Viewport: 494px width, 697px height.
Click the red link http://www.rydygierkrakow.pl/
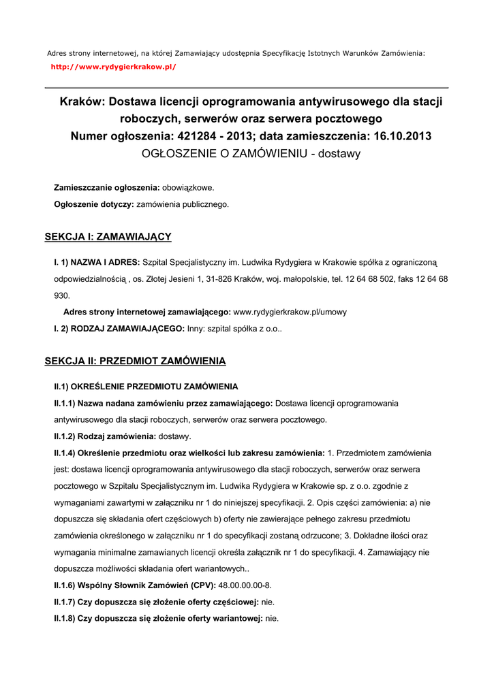pyautogui.click(x=114, y=67)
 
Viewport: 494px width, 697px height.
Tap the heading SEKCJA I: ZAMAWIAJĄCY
pyautogui.click(x=108, y=237)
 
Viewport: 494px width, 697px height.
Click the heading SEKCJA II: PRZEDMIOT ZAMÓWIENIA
pyautogui.click(x=135, y=361)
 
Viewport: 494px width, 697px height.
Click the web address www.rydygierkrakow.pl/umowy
pyautogui.click(x=290, y=312)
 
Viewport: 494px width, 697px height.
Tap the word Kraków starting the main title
pyautogui.click(x=80, y=102)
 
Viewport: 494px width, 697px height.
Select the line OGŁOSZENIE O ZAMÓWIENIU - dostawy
pyautogui.click(x=251, y=154)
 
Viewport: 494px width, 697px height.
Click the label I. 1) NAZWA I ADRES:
pyautogui.click(x=97, y=262)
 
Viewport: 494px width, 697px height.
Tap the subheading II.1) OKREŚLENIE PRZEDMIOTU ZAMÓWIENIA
pyautogui.click(x=146, y=386)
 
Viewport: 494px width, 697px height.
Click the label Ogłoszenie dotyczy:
pyautogui.click(x=94, y=204)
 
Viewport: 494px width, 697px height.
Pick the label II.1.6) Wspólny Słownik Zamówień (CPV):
pyautogui.click(x=135, y=585)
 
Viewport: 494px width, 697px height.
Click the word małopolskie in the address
pyautogui.click(x=305, y=279)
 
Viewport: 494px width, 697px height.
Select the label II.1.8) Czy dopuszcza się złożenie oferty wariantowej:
pyautogui.click(x=158, y=619)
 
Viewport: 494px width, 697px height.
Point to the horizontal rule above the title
pyautogui.click(x=247, y=88)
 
